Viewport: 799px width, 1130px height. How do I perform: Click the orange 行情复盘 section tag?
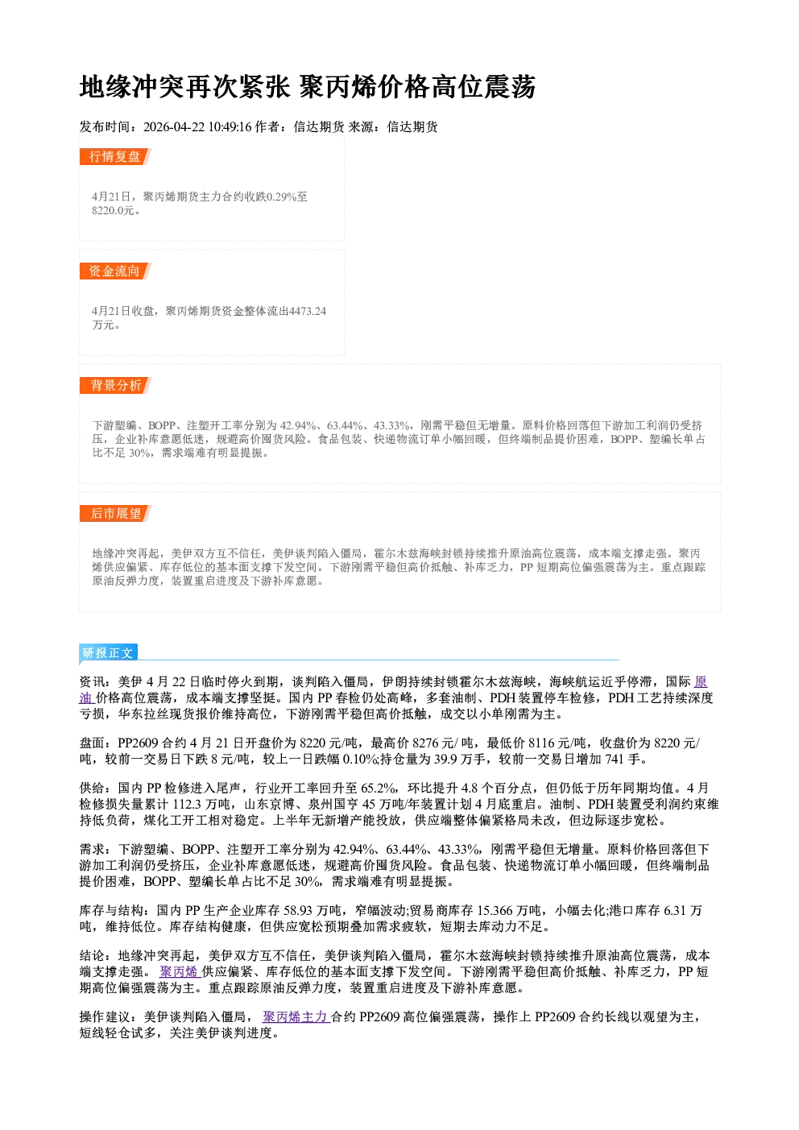(x=115, y=156)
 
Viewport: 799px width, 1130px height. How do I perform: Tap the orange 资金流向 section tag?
(x=115, y=271)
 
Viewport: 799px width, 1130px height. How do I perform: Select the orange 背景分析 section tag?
(x=115, y=386)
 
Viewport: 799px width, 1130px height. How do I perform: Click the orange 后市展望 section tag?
(x=115, y=514)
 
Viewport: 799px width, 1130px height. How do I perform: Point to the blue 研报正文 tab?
(x=108, y=652)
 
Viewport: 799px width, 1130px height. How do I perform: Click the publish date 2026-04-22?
(x=174, y=126)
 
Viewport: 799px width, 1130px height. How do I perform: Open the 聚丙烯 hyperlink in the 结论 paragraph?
(x=180, y=971)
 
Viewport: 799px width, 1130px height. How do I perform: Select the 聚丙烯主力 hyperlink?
(x=296, y=1017)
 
